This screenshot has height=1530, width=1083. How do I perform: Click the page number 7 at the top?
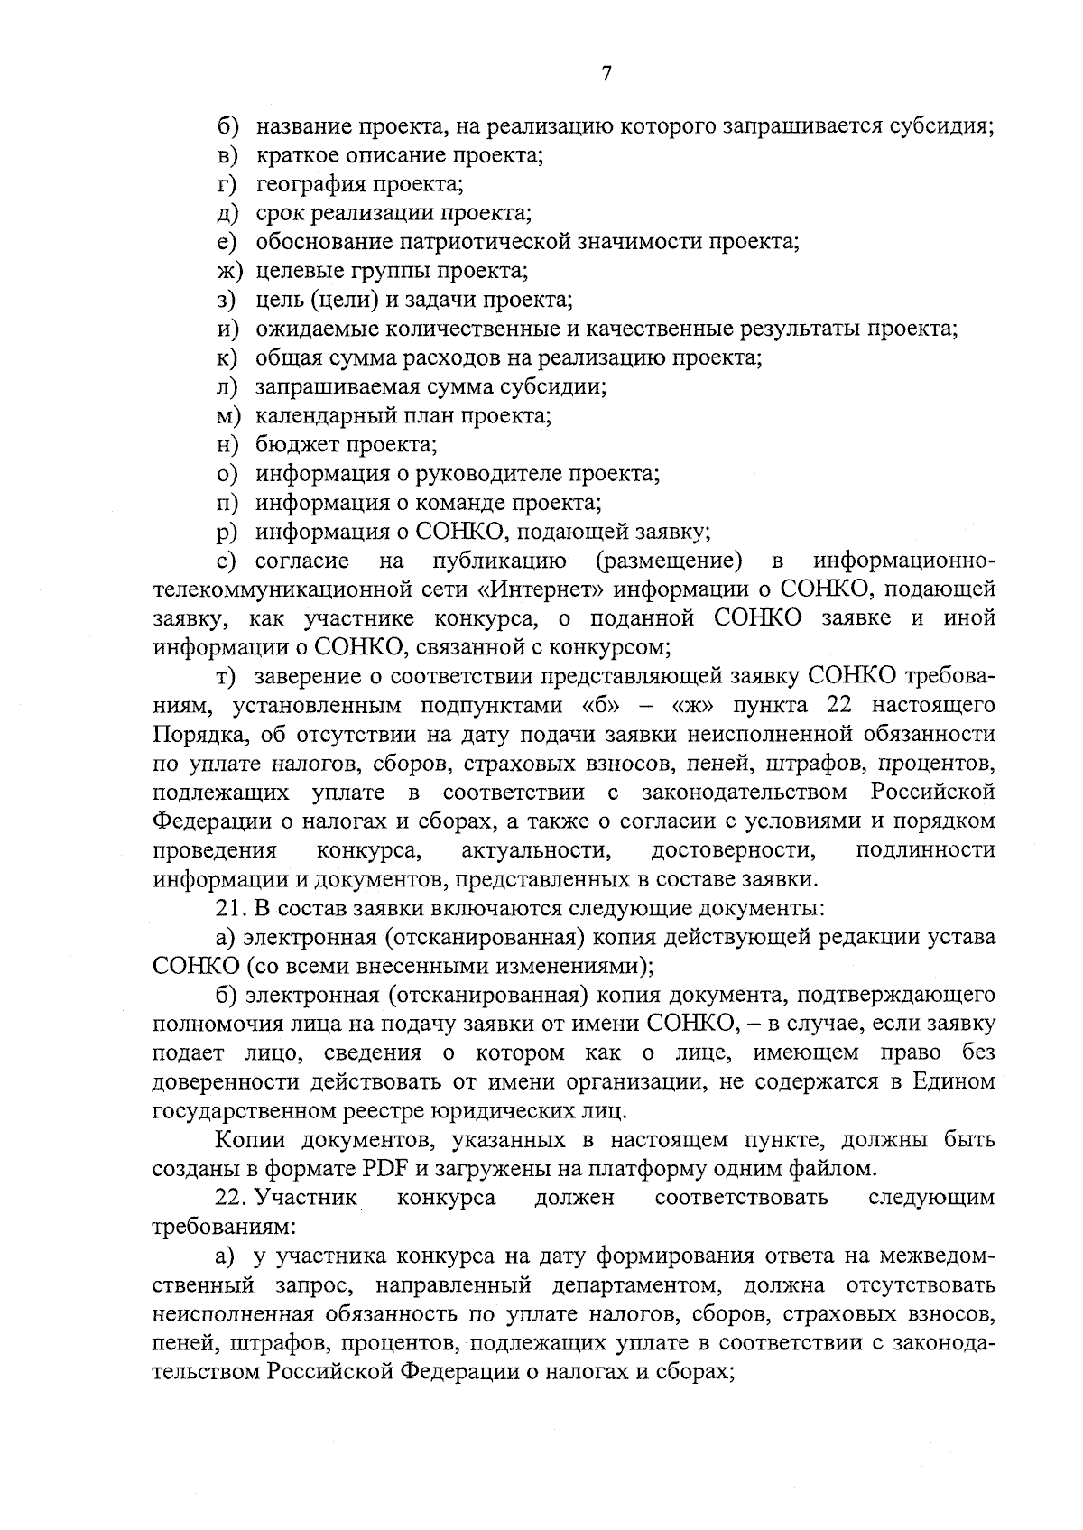[606, 75]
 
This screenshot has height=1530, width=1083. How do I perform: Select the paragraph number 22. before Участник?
[231, 1198]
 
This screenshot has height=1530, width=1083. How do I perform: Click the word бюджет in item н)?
[293, 445]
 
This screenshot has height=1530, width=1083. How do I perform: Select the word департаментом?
[651, 1284]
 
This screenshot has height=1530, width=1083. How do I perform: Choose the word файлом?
[830, 1169]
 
